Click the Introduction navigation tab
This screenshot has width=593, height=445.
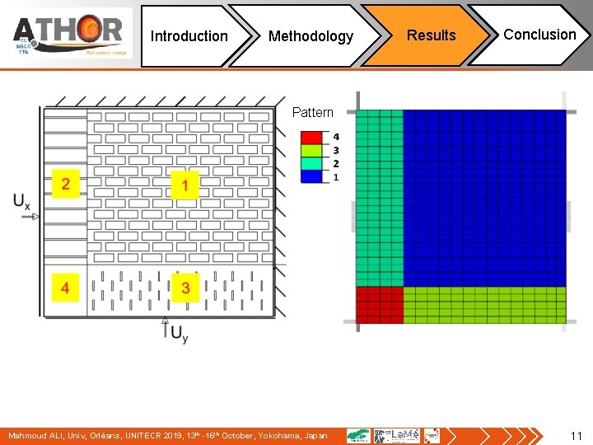tap(189, 36)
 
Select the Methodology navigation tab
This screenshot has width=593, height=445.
tap(311, 36)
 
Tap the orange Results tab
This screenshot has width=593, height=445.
tap(431, 35)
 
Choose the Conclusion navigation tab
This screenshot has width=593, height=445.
tap(539, 35)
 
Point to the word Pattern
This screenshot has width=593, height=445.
tap(313, 113)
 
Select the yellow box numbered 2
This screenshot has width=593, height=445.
tap(65, 184)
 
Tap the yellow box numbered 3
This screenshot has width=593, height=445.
tap(185, 288)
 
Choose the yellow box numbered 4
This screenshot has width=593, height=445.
tap(65, 288)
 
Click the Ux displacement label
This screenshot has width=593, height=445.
tap(22, 200)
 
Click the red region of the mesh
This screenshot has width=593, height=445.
tap(380, 305)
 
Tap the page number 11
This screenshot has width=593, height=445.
tap(576, 436)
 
